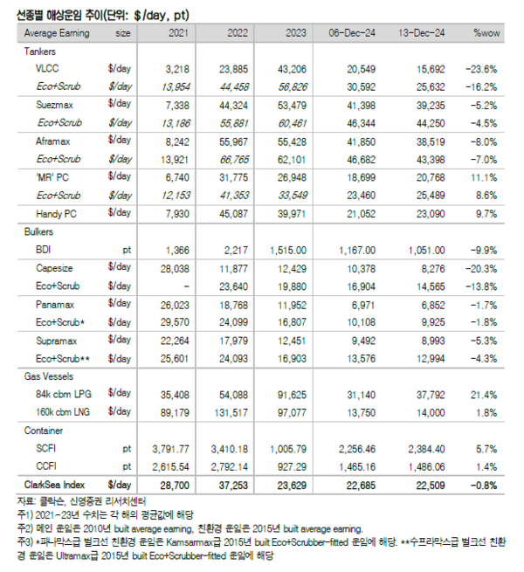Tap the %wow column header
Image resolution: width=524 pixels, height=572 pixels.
(x=485, y=32)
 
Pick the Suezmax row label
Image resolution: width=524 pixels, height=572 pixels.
(x=55, y=104)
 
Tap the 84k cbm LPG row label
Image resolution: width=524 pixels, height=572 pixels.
(x=65, y=393)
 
